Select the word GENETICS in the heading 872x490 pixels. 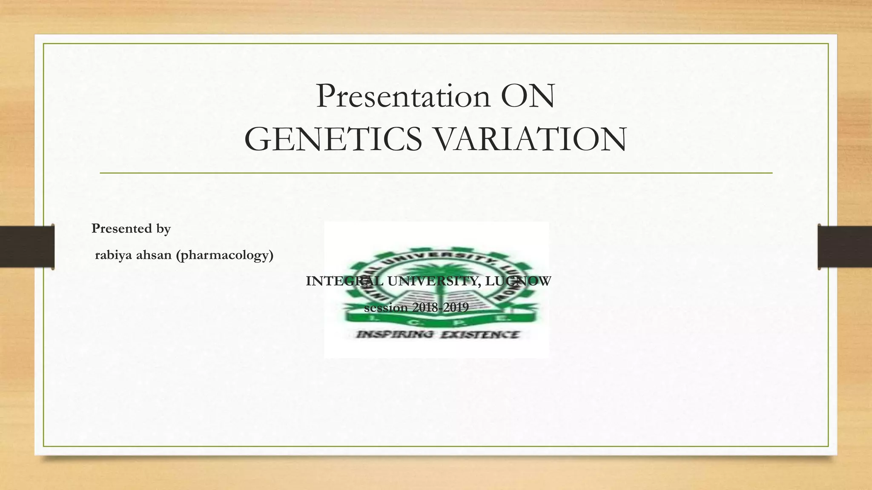(333, 140)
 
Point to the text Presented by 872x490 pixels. (131, 229)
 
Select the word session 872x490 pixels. (386, 308)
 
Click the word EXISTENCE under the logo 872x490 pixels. (480, 335)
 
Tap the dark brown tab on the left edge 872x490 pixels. (27, 247)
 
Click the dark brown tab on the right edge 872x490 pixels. (845, 247)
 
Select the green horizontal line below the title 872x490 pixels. (436, 173)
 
